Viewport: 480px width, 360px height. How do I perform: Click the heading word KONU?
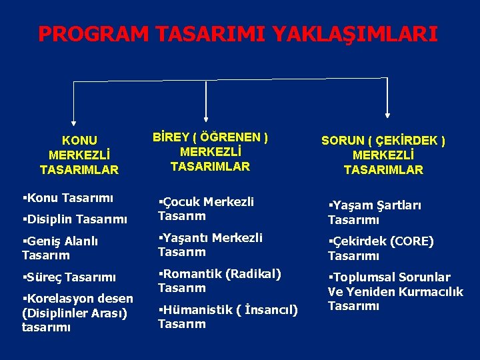[x=79, y=141]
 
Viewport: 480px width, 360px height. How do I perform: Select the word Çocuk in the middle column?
[x=181, y=201]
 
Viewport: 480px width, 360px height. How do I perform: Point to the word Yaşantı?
[x=185, y=237]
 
